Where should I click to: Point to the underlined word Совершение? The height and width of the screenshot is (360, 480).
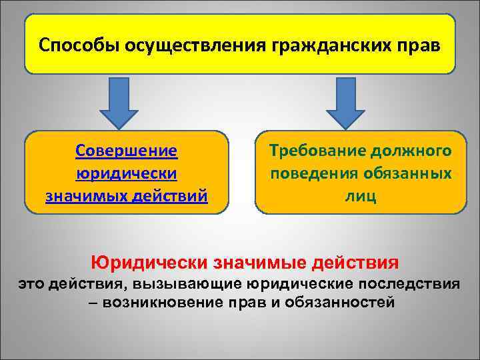[127, 151]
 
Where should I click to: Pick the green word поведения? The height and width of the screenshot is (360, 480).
[315, 174]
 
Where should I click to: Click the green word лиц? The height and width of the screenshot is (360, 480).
[361, 197]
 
